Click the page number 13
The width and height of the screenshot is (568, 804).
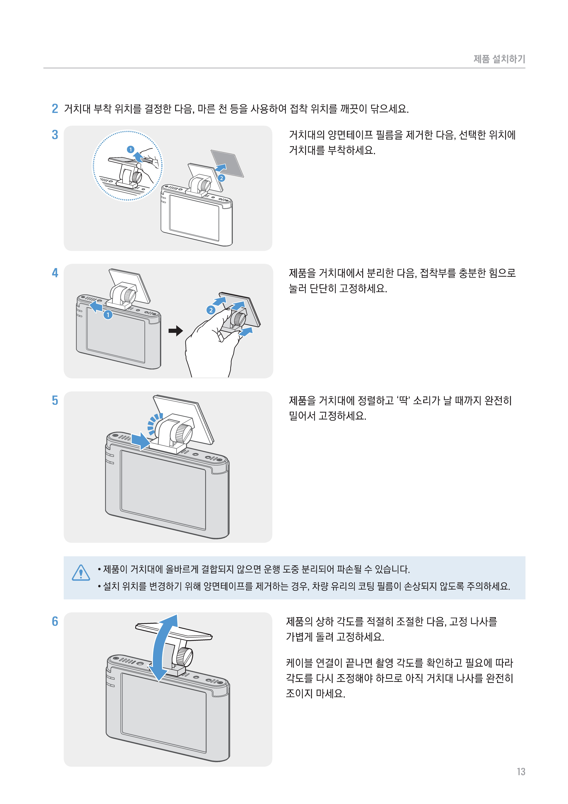pos(521,772)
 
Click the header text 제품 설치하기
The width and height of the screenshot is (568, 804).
pos(499,59)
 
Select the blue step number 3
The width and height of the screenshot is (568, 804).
pos(55,135)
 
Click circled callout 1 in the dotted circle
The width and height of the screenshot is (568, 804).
pos(131,150)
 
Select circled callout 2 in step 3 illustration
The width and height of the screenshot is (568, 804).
pos(221,178)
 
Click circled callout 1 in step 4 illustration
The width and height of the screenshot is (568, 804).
pos(108,315)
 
